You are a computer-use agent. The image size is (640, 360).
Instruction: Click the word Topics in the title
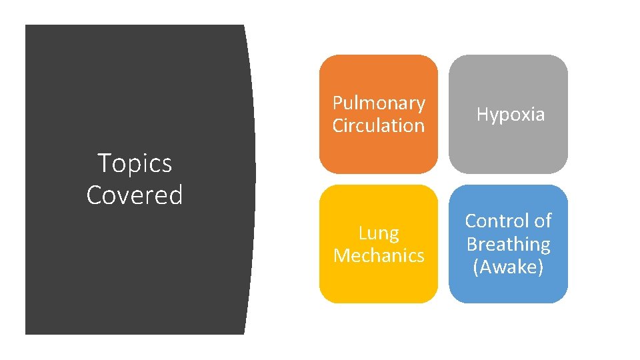(x=134, y=163)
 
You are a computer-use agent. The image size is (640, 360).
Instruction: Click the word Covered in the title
(x=134, y=195)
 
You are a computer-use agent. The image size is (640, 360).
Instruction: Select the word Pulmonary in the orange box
(x=379, y=103)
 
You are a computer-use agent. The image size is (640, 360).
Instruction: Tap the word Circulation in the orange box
(x=379, y=125)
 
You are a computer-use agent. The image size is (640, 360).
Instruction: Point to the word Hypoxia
(x=510, y=115)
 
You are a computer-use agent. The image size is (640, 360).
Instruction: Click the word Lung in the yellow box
(x=379, y=233)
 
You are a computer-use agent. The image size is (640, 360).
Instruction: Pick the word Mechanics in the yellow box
(x=379, y=255)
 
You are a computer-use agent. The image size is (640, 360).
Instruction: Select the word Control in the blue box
(x=495, y=221)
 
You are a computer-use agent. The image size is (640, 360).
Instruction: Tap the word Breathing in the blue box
(x=508, y=244)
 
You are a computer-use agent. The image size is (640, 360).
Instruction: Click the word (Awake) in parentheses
(x=508, y=267)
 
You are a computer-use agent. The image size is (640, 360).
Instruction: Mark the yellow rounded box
(x=379, y=283)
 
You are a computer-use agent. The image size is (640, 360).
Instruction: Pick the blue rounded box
(x=508, y=290)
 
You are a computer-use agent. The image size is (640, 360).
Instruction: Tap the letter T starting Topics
(x=103, y=163)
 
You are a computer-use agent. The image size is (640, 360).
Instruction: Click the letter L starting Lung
(x=363, y=233)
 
